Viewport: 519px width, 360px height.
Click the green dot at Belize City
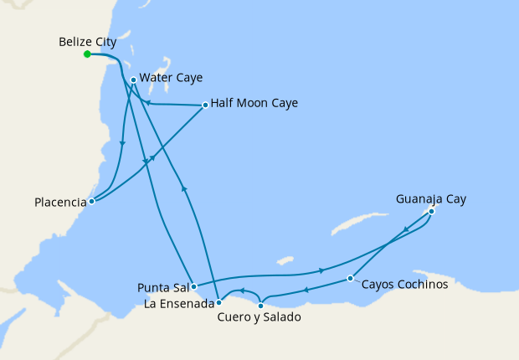click(87, 54)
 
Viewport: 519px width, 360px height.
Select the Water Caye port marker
click(134, 80)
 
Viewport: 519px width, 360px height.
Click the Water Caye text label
click(171, 78)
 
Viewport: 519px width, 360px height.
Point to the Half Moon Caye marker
click(206, 105)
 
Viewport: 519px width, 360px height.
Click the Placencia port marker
click(92, 201)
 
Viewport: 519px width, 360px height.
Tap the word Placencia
click(60, 203)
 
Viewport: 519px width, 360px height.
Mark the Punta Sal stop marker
click(193, 286)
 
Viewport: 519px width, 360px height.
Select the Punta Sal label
click(162, 288)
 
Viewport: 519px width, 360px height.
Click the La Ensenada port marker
click(218, 301)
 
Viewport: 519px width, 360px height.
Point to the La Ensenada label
click(177, 303)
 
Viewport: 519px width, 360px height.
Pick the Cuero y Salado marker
click(260, 306)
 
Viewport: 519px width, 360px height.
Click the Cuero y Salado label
click(258, 318)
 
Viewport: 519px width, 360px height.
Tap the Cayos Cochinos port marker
click(350, 278)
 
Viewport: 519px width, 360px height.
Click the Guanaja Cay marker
click(431, 212)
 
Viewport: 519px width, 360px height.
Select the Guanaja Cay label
click(431, 199)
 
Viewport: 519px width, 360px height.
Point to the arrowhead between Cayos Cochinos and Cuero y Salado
click(306, 291)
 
